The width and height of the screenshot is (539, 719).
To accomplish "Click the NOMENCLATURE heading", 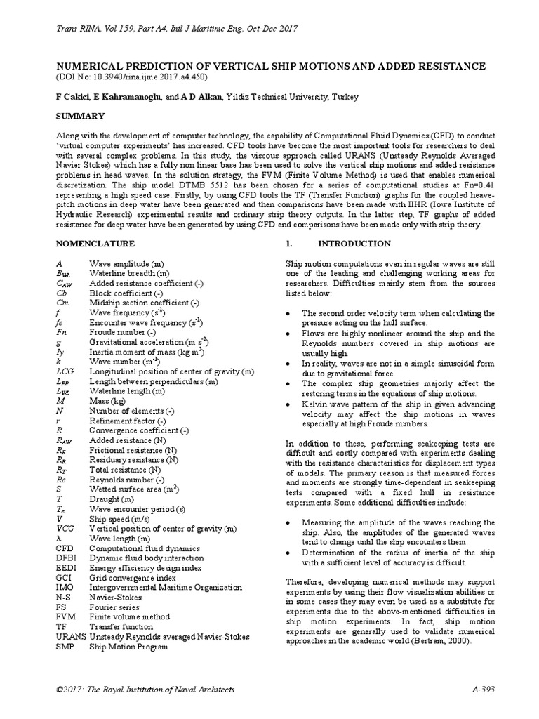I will pyautogui.click(x=95, y=244).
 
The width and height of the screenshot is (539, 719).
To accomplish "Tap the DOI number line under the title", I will pyautogui.click(x=133, y=77).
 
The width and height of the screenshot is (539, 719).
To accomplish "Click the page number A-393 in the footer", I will pyautogui.click(x=484, y=689).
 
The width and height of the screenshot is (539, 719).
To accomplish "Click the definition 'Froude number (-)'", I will pyautogui.click(x=122, y=331).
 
